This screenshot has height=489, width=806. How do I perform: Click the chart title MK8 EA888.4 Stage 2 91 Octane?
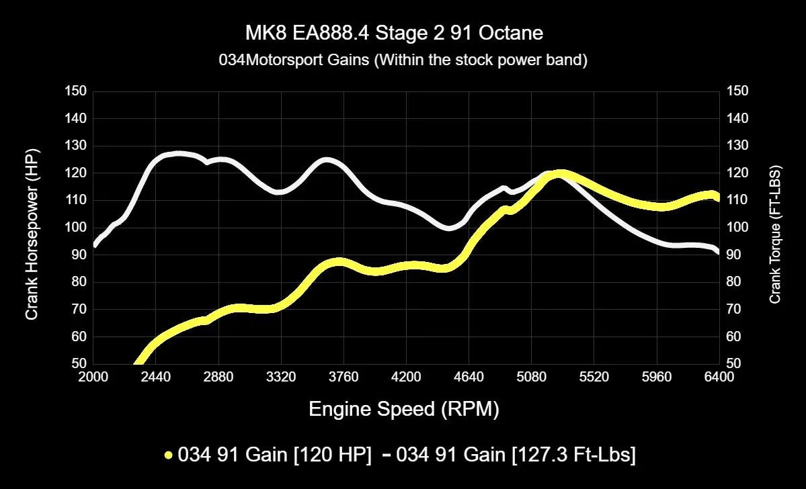(x=403, y=33)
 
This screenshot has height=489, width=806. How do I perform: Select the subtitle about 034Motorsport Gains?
(x=403, y=60)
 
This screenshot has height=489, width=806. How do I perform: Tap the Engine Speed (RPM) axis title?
(x=403, y=409)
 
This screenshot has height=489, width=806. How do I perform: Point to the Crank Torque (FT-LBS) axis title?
(x=775, y=234)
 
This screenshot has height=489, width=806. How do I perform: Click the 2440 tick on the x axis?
(x=155, y=377)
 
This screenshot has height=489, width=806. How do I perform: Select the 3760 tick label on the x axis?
(x=344, y=377)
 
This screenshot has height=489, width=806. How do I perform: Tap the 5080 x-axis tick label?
(x=531, y=377)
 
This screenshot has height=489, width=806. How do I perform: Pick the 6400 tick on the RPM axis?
(x=719, y=377)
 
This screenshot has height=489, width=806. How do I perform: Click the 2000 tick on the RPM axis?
(x=93, y=377)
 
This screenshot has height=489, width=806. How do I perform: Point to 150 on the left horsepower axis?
(x=75, y=91)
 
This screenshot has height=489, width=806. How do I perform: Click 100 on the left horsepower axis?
(x=75, y=228)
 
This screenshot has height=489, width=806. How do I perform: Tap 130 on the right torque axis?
(x=738, y=146)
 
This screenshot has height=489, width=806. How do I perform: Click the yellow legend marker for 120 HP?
(x=169, y=455)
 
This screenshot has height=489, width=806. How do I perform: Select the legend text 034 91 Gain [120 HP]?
(x=274, y=455)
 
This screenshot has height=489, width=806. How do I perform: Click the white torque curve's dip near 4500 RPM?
(x=450, y=228)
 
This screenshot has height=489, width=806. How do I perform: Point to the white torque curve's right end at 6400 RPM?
(x=717, y=251)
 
